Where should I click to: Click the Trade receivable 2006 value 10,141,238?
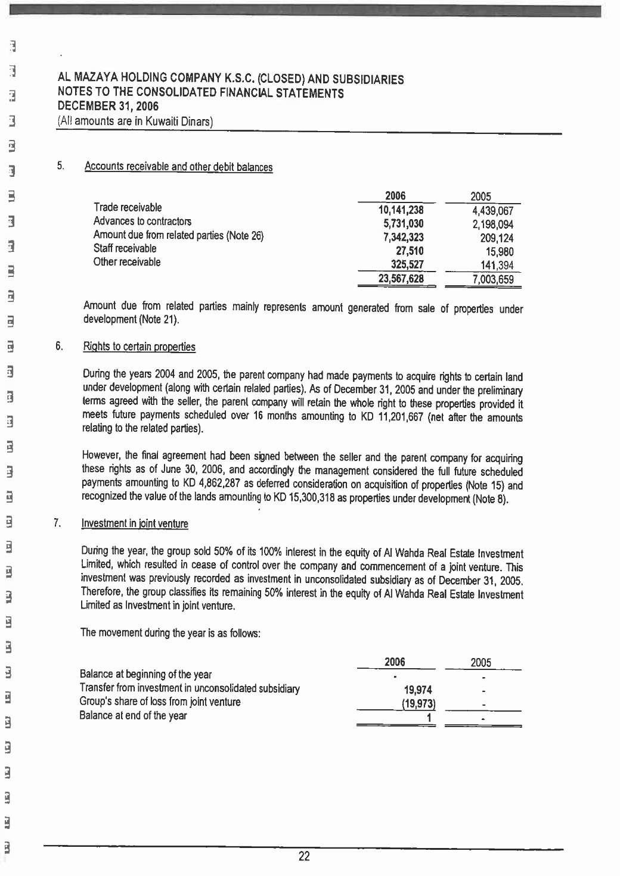(x=401, y=210)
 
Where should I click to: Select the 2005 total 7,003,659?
(x=492, y=279)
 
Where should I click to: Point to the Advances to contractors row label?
(x=142, y=222)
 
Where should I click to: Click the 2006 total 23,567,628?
(x=401, y=279)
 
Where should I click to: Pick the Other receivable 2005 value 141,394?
(x=497, y=266)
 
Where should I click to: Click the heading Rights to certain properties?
(x=139, y=347)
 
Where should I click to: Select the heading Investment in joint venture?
(x=134, y=524)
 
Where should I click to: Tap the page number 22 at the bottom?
(x=304, y=857)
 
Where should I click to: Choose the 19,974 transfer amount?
(x=418, y=690)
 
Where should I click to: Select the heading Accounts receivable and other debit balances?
(x=178, y=167)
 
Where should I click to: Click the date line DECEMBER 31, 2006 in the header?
(x=107, y=108)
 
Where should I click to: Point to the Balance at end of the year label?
(x=133, y=716)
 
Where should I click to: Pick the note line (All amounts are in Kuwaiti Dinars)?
(x=135, y=121)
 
